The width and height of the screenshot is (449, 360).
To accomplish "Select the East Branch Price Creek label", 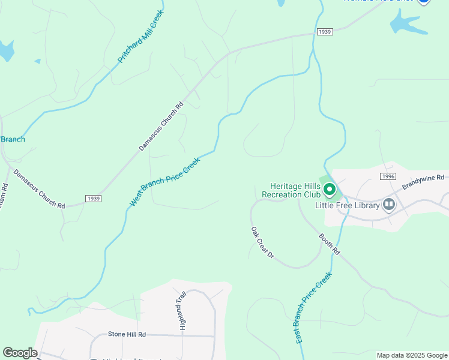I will coord(313,308).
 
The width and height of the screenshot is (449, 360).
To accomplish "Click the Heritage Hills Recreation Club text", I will coord(292,190).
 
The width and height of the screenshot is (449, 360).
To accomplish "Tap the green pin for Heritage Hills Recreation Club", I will coord(329,190).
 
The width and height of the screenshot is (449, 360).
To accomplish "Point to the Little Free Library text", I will coord(348,205).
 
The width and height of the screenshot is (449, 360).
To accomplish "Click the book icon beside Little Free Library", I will coord(389,205).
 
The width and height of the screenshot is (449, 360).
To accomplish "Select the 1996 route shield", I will coord(388,176).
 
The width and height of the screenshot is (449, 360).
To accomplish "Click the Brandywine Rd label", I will coord(423,182).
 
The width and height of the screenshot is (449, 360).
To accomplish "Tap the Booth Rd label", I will coord(330,244).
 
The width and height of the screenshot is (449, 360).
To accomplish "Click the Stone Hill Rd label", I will coord(127,334).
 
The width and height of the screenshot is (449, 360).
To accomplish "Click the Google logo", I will coord(20,353).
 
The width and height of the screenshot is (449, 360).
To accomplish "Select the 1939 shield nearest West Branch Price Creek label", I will coord(93,199).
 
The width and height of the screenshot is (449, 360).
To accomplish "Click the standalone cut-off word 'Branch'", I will coord(12,139).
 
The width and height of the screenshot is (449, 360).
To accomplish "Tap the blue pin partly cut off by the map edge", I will coord(423,2).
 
